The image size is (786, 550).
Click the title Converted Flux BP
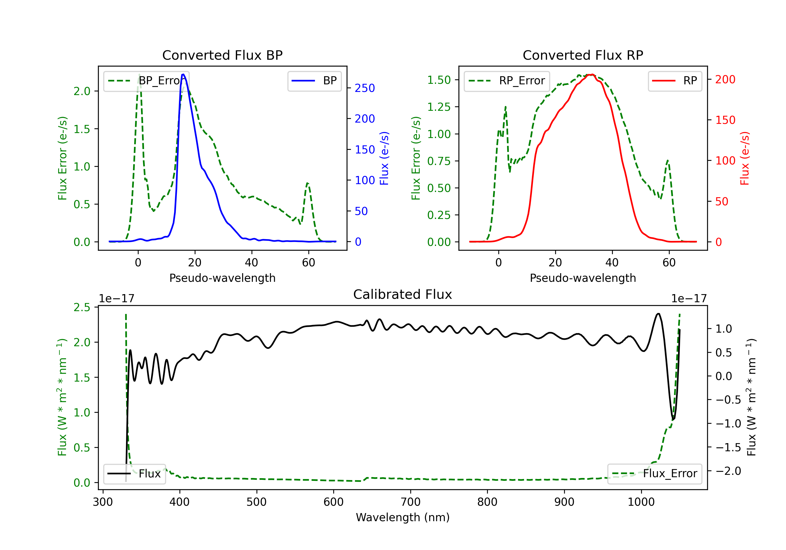(222, 55)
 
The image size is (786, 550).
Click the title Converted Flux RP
(583, 55)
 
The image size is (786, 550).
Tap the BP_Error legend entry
(146, 81)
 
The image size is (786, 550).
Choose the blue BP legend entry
(314, 81)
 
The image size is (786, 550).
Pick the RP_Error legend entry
(507, 81)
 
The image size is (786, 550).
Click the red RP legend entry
(674, 81)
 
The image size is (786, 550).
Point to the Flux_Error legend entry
(654, 474)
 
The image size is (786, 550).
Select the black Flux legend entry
(134, 474)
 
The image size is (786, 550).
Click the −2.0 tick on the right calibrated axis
(728, 471)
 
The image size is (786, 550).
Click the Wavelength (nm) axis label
(403, 518)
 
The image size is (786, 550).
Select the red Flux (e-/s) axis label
(745, 158)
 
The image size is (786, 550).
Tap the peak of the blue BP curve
(183, 74)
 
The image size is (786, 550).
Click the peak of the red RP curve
(592, 75)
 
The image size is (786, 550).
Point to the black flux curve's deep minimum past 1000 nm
(673, 419)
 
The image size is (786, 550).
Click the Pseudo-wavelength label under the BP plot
(222, 278)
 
